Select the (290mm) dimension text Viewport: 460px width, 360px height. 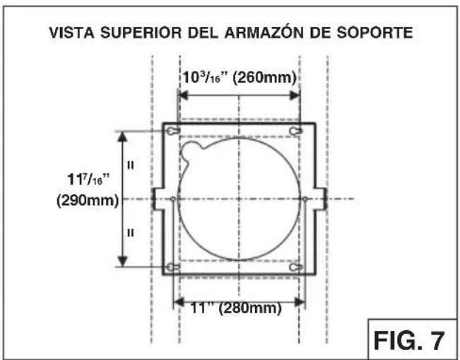[85, 200]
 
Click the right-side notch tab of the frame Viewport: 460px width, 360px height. [320, 199]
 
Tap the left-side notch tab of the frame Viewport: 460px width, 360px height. [157, 199]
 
